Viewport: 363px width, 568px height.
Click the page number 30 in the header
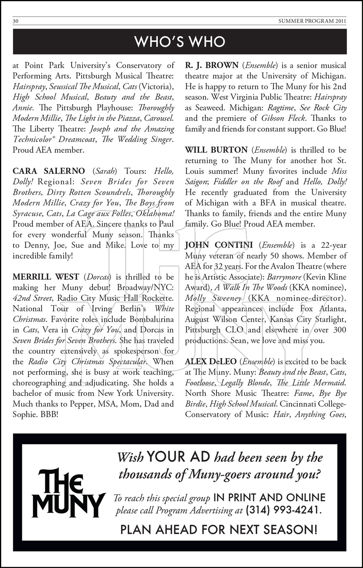click(16, 21)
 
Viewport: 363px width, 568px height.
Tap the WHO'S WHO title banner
click(180, 42)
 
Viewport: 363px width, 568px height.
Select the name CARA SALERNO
click(49, 171)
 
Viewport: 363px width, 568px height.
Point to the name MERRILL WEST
click(46, 277)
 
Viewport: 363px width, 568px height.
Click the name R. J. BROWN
click(212, 65)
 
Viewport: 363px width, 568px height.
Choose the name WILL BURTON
click(216, 150)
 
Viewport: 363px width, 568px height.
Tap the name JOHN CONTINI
click(219, 245)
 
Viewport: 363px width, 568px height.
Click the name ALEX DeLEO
click(210, 362)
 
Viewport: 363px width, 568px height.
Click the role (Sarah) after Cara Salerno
click(105, 171)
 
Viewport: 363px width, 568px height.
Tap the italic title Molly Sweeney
click(213, 298)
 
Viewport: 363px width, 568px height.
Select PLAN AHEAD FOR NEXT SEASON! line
click(219, 529)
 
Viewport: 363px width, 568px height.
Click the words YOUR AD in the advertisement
click(178, 457)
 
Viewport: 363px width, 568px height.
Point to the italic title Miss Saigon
click(334, 171)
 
